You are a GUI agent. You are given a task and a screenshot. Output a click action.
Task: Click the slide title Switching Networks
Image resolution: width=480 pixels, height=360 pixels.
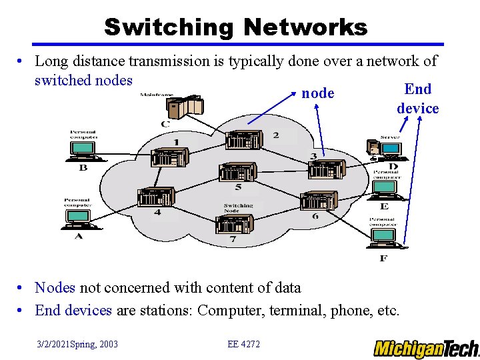click(235, 27)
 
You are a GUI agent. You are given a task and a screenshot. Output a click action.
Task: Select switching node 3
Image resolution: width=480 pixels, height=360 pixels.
click(325, 169)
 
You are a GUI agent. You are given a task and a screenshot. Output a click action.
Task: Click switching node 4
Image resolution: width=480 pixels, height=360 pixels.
click(155, 197)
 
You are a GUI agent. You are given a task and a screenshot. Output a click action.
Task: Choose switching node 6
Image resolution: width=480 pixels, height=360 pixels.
click(319, 200)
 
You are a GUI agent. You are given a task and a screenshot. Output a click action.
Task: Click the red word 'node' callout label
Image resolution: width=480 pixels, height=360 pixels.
click(317, 93)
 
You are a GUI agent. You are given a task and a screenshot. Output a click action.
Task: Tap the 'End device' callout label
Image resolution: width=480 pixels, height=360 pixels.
click(418, 99)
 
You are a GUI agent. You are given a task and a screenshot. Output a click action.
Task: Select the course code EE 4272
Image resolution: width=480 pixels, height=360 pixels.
click(243, 344)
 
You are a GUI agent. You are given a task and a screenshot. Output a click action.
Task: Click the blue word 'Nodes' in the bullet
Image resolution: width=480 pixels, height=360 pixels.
click(55, 288)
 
